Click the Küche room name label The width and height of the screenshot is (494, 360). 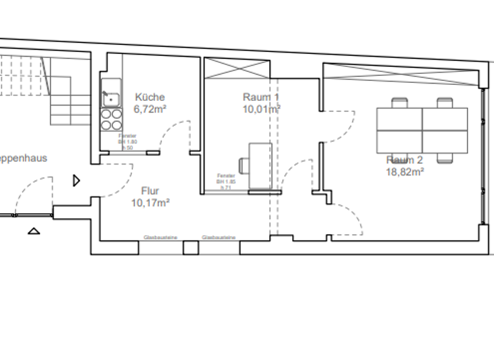point(149,97)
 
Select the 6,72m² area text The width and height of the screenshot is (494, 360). point(149,109)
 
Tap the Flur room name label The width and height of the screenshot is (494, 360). point(150,191)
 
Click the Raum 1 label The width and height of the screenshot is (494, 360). point(261,97)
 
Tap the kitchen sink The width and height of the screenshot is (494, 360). point(110,99)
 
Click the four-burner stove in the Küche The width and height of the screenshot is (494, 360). point(111,120)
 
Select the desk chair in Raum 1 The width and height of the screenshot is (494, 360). point(244,164)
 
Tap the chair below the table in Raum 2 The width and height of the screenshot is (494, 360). point(444,157)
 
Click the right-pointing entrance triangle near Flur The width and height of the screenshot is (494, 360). point(77,181)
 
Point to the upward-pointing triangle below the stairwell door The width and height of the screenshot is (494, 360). point(34,230)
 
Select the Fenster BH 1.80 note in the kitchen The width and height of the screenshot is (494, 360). point(127,141)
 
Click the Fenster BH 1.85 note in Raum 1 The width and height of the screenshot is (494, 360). point(226,181)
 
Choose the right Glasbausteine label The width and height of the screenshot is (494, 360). point(219,238)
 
